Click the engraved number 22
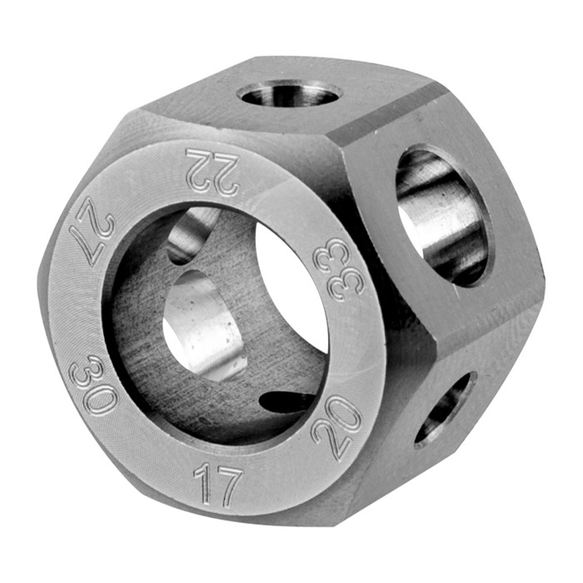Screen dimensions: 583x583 coord(212,171)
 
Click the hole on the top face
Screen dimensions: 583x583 coord(289,93)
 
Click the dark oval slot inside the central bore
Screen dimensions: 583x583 coord(287,401)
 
